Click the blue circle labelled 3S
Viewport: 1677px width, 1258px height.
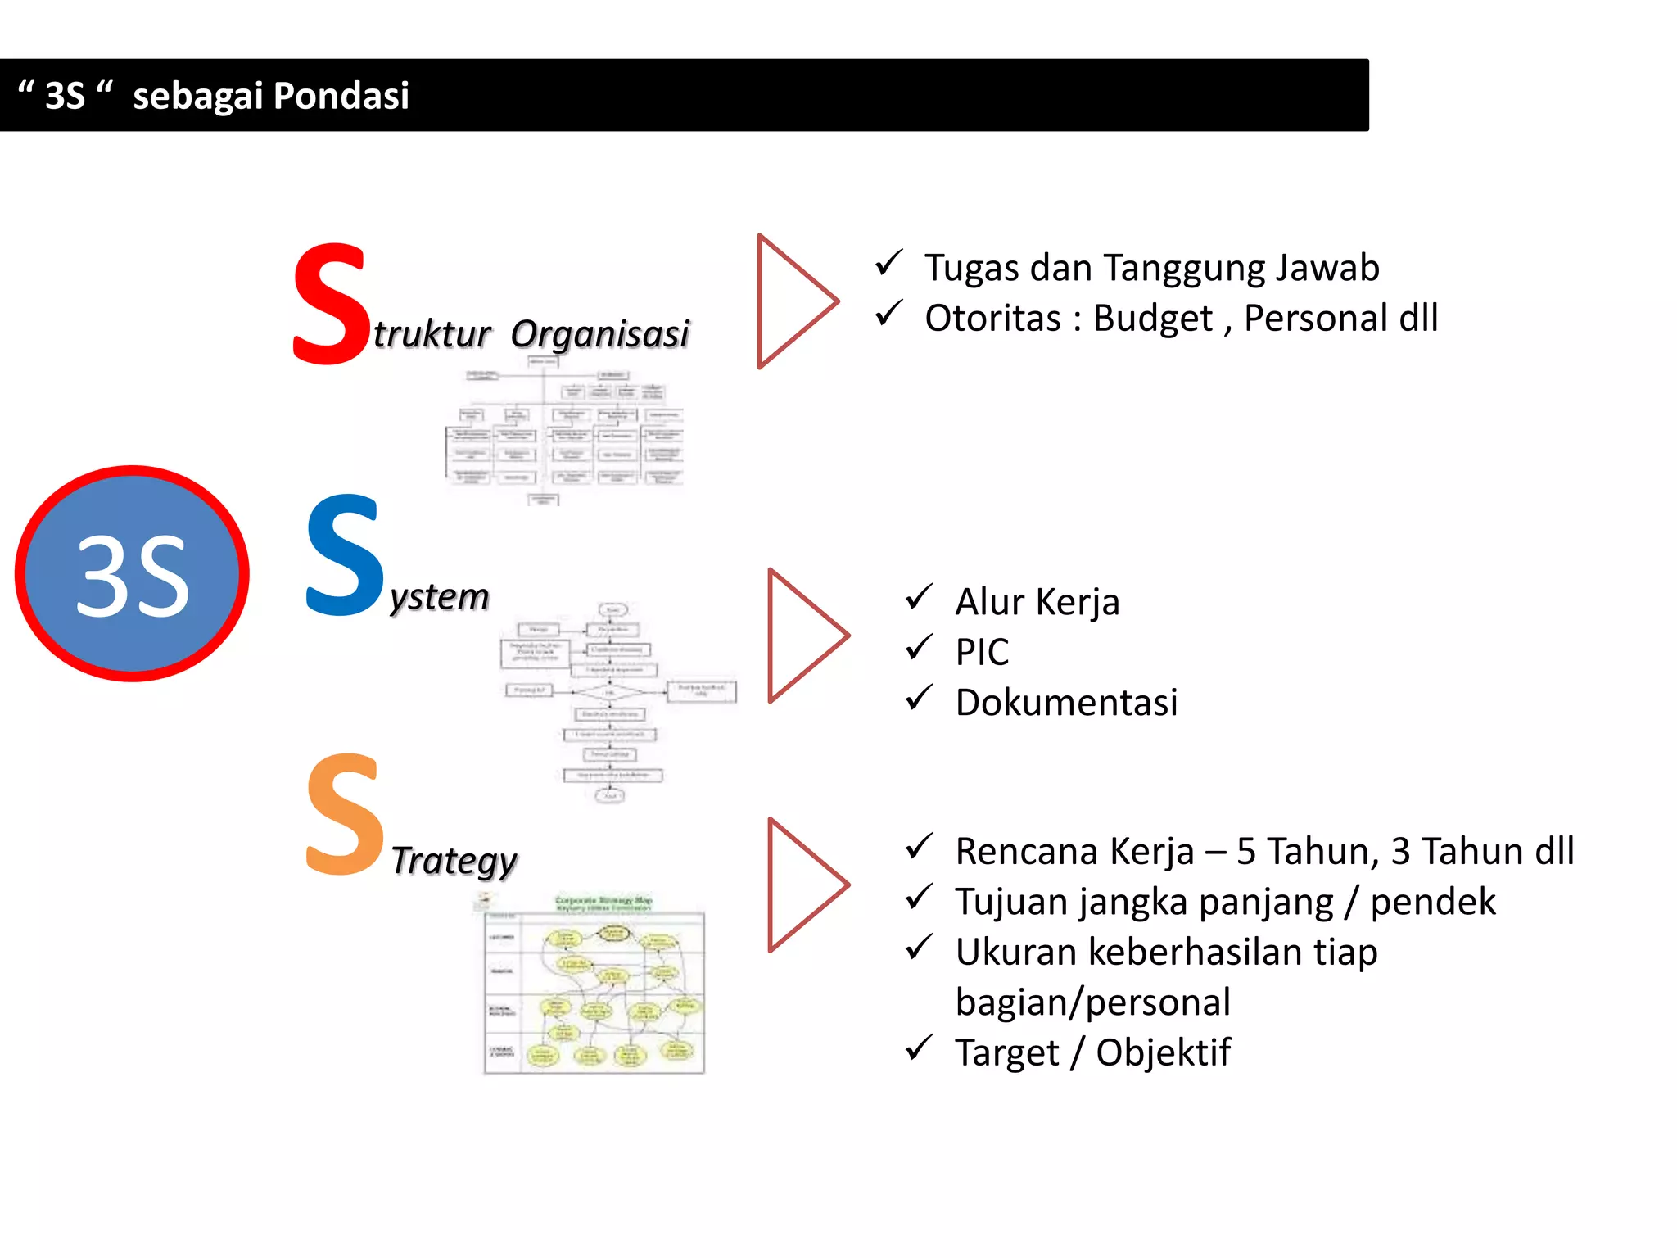click(132, 573)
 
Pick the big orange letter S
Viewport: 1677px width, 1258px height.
click(344, 815)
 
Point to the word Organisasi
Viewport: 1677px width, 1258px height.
click(599, 334)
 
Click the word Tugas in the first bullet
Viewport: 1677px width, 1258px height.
click(971, 268)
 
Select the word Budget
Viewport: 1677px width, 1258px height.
click(1152, 319)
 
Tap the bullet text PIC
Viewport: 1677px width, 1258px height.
click(982, 653)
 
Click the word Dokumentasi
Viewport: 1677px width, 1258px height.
click(1066, 703)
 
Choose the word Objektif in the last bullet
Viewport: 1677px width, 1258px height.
click(1163, 1052)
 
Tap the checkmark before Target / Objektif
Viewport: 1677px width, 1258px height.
click(919, 1048)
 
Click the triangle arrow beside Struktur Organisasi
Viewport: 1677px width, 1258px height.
click(790, 301)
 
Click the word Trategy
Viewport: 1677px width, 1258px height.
click(454, 861)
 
